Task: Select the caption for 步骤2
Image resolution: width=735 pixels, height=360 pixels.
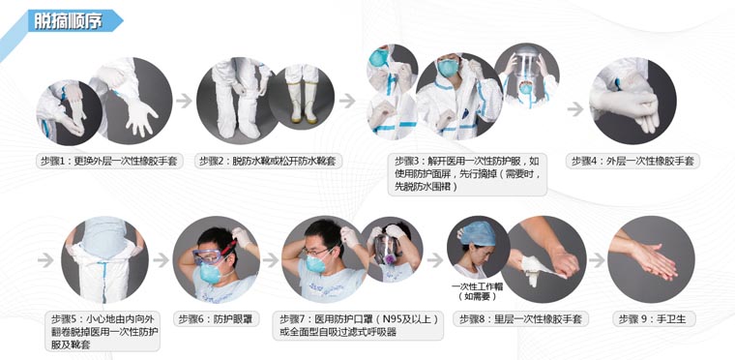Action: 257,162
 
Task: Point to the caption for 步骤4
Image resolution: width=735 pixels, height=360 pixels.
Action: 633,162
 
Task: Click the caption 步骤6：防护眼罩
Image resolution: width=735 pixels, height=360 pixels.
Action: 218,317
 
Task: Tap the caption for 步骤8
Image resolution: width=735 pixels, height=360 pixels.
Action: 521,317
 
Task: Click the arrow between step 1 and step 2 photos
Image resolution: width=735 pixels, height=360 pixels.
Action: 183,99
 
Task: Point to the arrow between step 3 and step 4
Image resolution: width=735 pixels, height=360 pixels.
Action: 574,108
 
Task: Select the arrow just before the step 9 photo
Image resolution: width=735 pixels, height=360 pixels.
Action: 597,260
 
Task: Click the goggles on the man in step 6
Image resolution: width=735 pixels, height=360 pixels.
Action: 211,255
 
